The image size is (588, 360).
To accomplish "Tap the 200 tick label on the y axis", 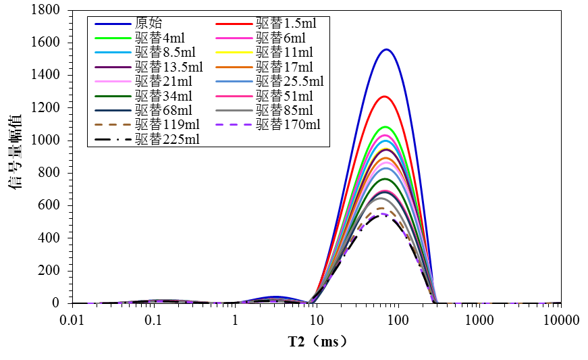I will point(48,271).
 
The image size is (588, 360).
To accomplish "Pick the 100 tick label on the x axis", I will point(398,319).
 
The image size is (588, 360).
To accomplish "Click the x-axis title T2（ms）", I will point(317,342).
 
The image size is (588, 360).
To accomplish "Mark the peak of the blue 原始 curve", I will point(386,49).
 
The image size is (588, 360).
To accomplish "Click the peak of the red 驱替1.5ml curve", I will point(385,97).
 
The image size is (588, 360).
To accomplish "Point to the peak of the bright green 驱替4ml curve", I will point(385,127).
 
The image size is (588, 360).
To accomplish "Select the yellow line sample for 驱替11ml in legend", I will point(234,52).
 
